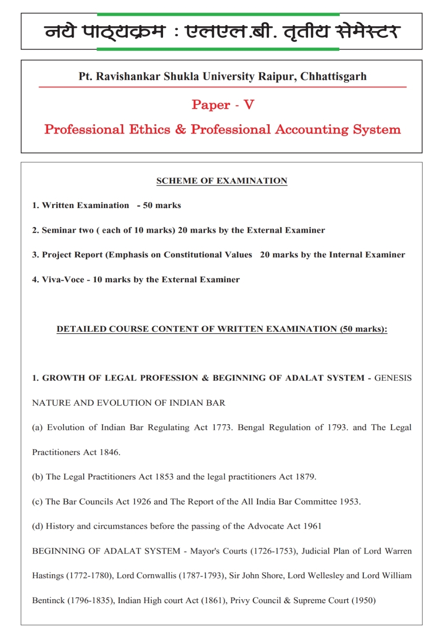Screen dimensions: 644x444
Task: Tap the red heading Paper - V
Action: coord(223,104)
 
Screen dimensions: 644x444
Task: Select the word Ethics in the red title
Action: coord(149,130)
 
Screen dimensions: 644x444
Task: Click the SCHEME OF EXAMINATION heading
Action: coord(222,181)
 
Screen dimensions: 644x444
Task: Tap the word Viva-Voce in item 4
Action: coord(63,280)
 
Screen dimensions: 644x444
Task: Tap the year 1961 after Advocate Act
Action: coord(312,526)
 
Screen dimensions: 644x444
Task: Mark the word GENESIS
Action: coord(393,378)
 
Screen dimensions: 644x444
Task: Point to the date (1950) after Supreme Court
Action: coord(363,600)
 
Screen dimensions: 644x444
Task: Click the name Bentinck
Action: coord(48,600)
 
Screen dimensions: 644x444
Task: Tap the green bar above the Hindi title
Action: coord(218,14)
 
